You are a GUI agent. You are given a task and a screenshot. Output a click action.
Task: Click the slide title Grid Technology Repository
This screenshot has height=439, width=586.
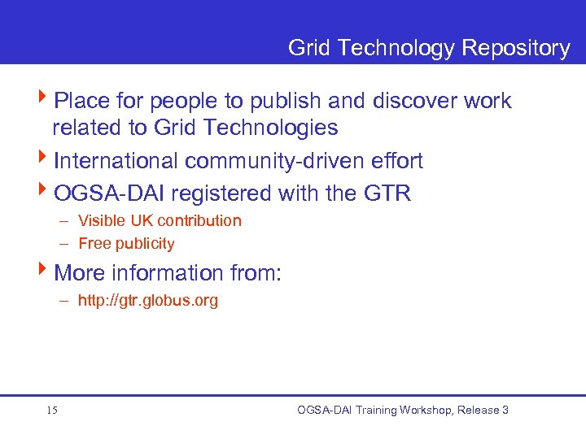(x=429, y=48)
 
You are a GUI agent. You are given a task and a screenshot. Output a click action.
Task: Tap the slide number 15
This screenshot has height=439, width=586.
(x=52, y=411)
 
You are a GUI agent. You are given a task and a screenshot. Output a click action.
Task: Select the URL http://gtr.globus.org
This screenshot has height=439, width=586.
(x=148, y=301)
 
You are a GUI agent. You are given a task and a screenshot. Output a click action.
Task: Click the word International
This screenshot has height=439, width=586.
(x=116, y=161)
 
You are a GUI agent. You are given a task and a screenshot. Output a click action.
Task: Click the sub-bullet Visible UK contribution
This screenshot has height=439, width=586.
(x=160, y=221)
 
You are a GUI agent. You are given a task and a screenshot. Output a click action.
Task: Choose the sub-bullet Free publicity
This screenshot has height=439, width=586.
(x=126, y=244)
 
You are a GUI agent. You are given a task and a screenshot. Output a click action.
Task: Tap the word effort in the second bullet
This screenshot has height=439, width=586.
(x=395, y=161)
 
